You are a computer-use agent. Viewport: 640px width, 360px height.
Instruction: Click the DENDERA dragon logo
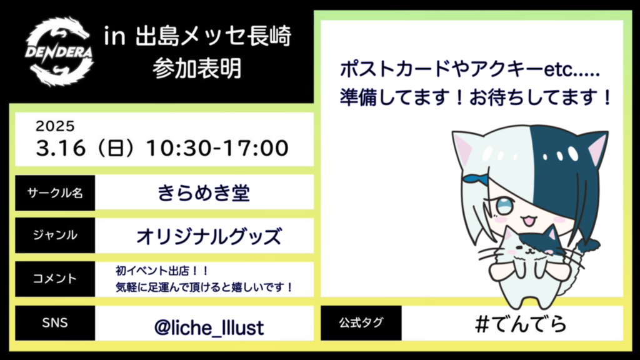point(59,52)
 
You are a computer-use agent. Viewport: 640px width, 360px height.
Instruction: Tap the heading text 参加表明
point(197,68)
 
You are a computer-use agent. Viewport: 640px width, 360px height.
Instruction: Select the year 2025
point(55,126)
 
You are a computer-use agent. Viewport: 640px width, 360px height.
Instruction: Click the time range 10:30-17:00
point(217,147)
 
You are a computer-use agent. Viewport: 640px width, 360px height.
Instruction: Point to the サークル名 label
point(55,193)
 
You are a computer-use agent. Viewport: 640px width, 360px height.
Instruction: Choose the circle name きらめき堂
point(204,192)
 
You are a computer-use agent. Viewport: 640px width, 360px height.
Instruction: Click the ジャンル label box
point(55,236)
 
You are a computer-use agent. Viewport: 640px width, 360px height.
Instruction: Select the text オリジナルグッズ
point(209,236)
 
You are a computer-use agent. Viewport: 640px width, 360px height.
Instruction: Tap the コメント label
point(55,279)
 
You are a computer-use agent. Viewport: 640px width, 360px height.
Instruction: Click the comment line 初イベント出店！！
point(162,271)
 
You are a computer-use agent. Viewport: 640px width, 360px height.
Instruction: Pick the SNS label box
point(55,323)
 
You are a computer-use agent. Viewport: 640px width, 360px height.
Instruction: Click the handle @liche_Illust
point(209,327)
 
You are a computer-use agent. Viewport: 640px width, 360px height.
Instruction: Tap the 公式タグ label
point(361,323)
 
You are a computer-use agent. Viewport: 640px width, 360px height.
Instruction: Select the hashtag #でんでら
point(521,324)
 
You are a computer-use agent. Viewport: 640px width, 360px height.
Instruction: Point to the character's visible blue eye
point(504,205)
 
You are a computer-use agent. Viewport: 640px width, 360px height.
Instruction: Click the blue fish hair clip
point(476,179)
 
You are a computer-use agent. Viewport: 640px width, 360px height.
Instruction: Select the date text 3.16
point(61,147)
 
